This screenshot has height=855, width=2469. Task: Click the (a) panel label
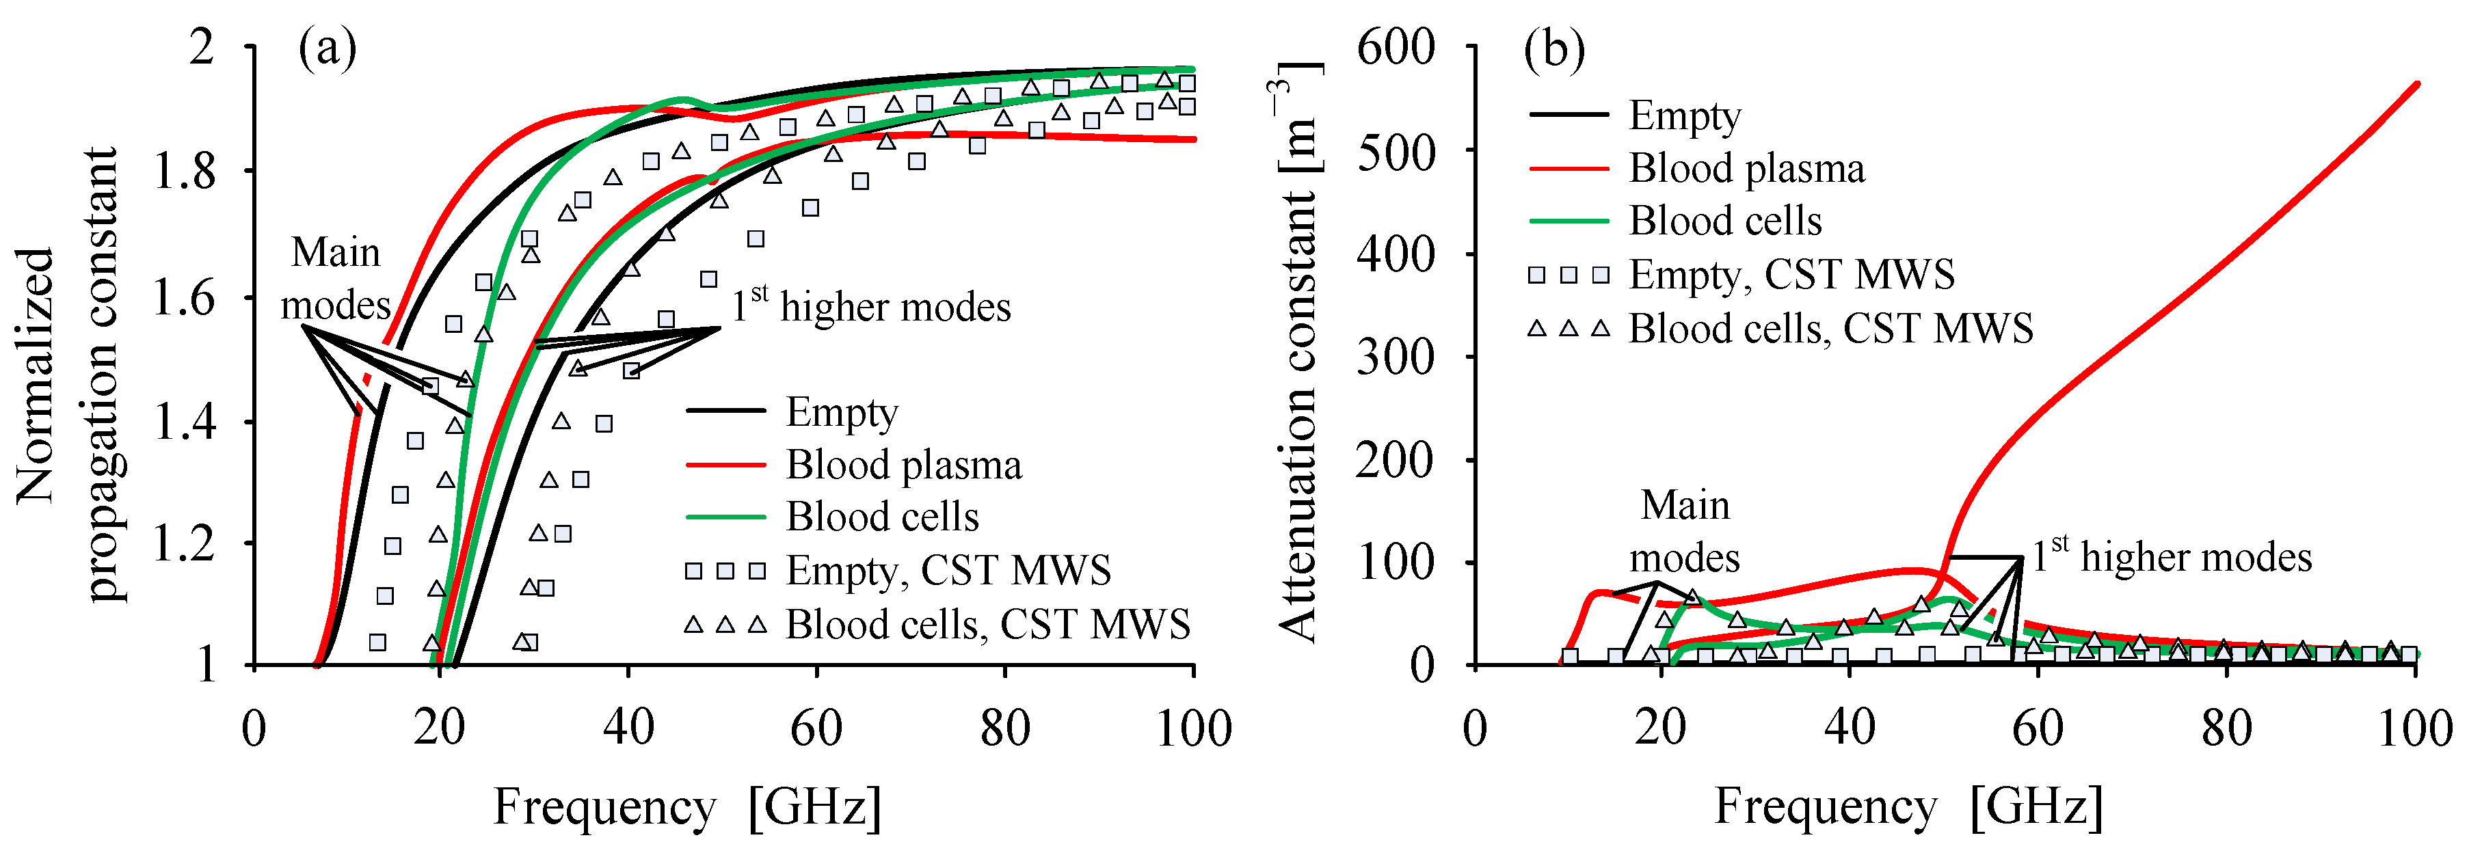(328, 48)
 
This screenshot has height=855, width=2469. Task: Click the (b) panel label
(1553, 48)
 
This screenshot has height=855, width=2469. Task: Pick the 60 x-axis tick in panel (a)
(816, 729)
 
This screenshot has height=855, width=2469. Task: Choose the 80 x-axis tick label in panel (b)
(2226, 729)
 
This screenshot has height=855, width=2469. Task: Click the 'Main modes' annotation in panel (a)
(336, 279)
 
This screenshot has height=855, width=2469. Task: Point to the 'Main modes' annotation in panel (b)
(1684, 531)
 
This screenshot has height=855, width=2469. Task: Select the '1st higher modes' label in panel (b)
(2171, 557)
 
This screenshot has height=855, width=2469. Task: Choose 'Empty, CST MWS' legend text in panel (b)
(1791, 275)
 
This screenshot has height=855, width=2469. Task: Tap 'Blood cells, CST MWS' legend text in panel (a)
(987, 624)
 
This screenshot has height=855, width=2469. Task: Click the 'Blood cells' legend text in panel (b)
(1724, 221)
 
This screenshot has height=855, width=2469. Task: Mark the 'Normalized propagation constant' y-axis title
(67, 374)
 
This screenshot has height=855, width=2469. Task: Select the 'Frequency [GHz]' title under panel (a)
(686, 807)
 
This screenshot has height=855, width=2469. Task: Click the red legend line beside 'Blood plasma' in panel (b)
(1568, 169)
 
